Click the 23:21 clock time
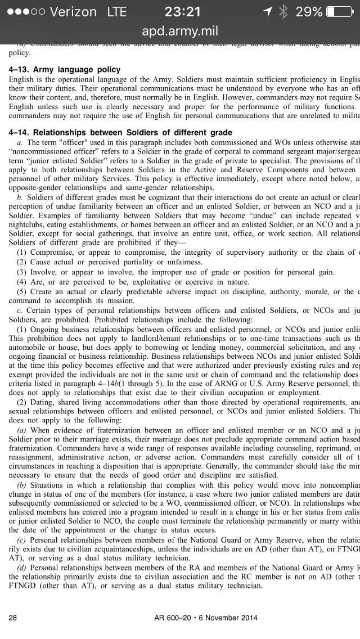pos(183,11)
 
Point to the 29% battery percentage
pos(309,11)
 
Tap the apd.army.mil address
pos(180,31)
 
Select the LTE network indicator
pos(117,11)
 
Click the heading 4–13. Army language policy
pos(65,70)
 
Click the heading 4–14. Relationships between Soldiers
pos(120,133)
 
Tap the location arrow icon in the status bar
pos(267,11)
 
